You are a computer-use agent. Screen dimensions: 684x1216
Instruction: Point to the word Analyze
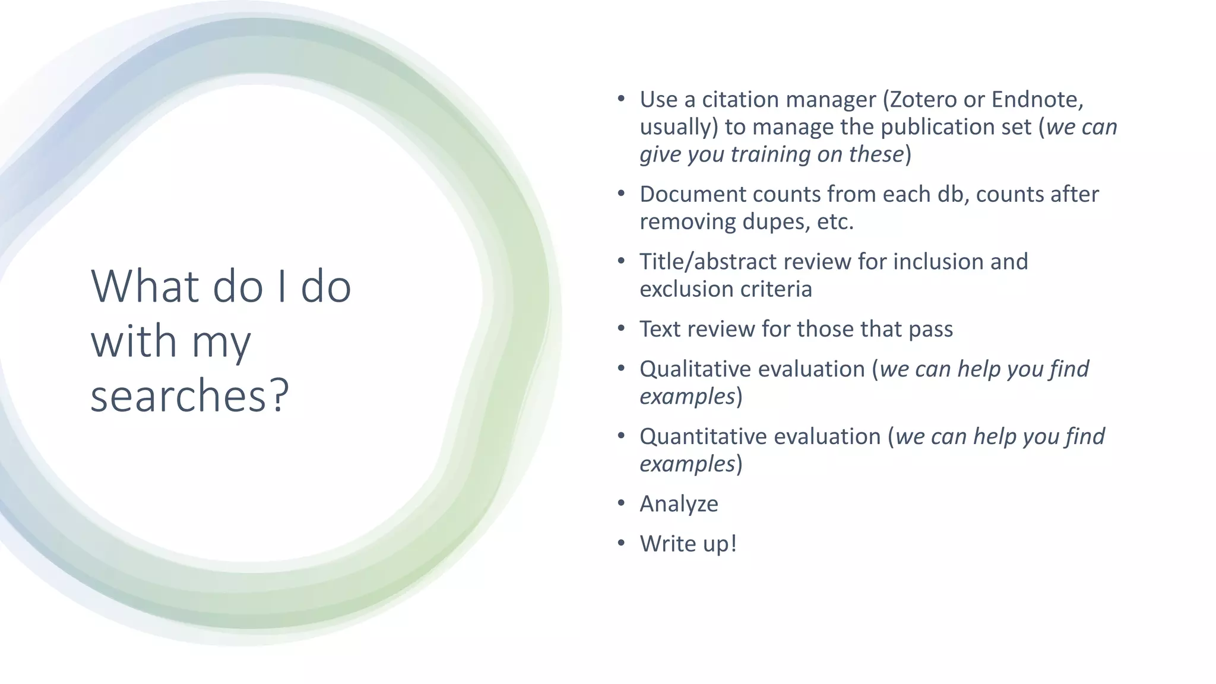click(679, 504)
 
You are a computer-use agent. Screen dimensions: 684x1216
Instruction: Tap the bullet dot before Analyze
click(621, 503)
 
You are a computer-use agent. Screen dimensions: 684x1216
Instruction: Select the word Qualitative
click(693, 369)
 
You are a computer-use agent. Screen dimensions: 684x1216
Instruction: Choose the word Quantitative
click(701, 436)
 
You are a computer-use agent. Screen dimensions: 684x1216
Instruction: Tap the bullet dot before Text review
click(621, 328)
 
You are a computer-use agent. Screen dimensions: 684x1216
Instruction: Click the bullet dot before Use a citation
click(621, 99)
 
